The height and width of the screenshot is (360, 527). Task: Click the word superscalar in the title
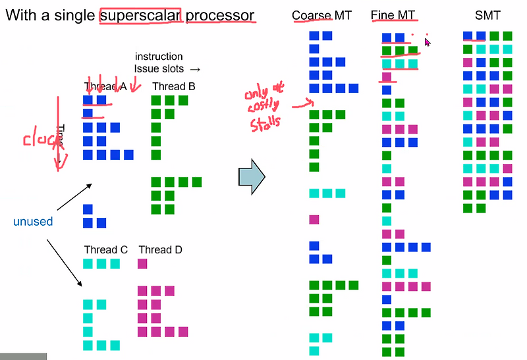pos(140,14)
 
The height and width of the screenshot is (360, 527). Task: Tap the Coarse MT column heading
pos(322,15)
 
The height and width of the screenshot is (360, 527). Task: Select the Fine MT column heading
pos(393,15)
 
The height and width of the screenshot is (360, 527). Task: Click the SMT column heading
pos(487,15)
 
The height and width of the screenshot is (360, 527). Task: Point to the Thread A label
pos(105,86)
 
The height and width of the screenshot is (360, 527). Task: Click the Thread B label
pos(173,86)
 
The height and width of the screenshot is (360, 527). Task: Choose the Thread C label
pos(105,250)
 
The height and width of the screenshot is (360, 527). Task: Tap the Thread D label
pos(160,250)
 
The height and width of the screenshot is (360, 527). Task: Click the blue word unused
pos(33,222)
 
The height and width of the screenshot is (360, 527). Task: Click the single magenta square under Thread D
pos(143,264)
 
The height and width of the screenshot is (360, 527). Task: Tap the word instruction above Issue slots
pos(159,57)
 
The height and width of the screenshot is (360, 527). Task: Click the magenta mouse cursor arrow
pos(428,42)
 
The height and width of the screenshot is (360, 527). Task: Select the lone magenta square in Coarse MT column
pos(314,219)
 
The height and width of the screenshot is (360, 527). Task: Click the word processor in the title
pos(220,14)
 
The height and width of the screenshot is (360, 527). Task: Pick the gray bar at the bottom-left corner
pos(23,356)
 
